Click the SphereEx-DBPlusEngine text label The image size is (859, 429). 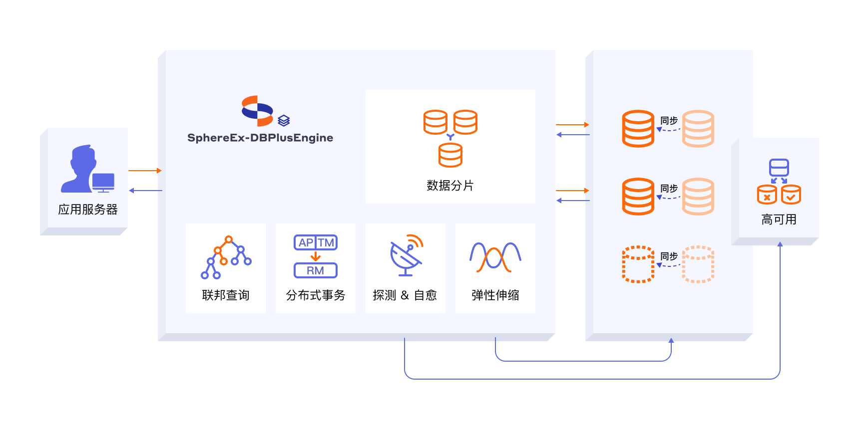(260, 138)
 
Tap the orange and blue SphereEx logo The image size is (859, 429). (257, 111)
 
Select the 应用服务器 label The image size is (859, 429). (88, 210)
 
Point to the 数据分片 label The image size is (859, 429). (450, 186)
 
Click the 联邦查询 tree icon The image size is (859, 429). (226, 257)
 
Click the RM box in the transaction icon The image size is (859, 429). (316, 270)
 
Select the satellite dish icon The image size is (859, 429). (407, 255)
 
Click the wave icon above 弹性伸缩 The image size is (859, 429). (495, 257)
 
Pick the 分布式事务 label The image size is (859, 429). (316, 295)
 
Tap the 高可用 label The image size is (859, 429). (779, 219)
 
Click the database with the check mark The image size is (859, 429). (791, 195)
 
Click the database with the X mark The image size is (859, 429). (767, 195)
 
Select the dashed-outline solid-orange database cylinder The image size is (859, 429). (638, 264)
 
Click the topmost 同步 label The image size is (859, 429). (669, 121)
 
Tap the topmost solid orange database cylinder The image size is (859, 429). (638, 129)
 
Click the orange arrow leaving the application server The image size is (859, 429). (145, 171)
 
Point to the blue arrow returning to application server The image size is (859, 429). (145, 191)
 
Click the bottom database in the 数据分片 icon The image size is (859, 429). (450, 155)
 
